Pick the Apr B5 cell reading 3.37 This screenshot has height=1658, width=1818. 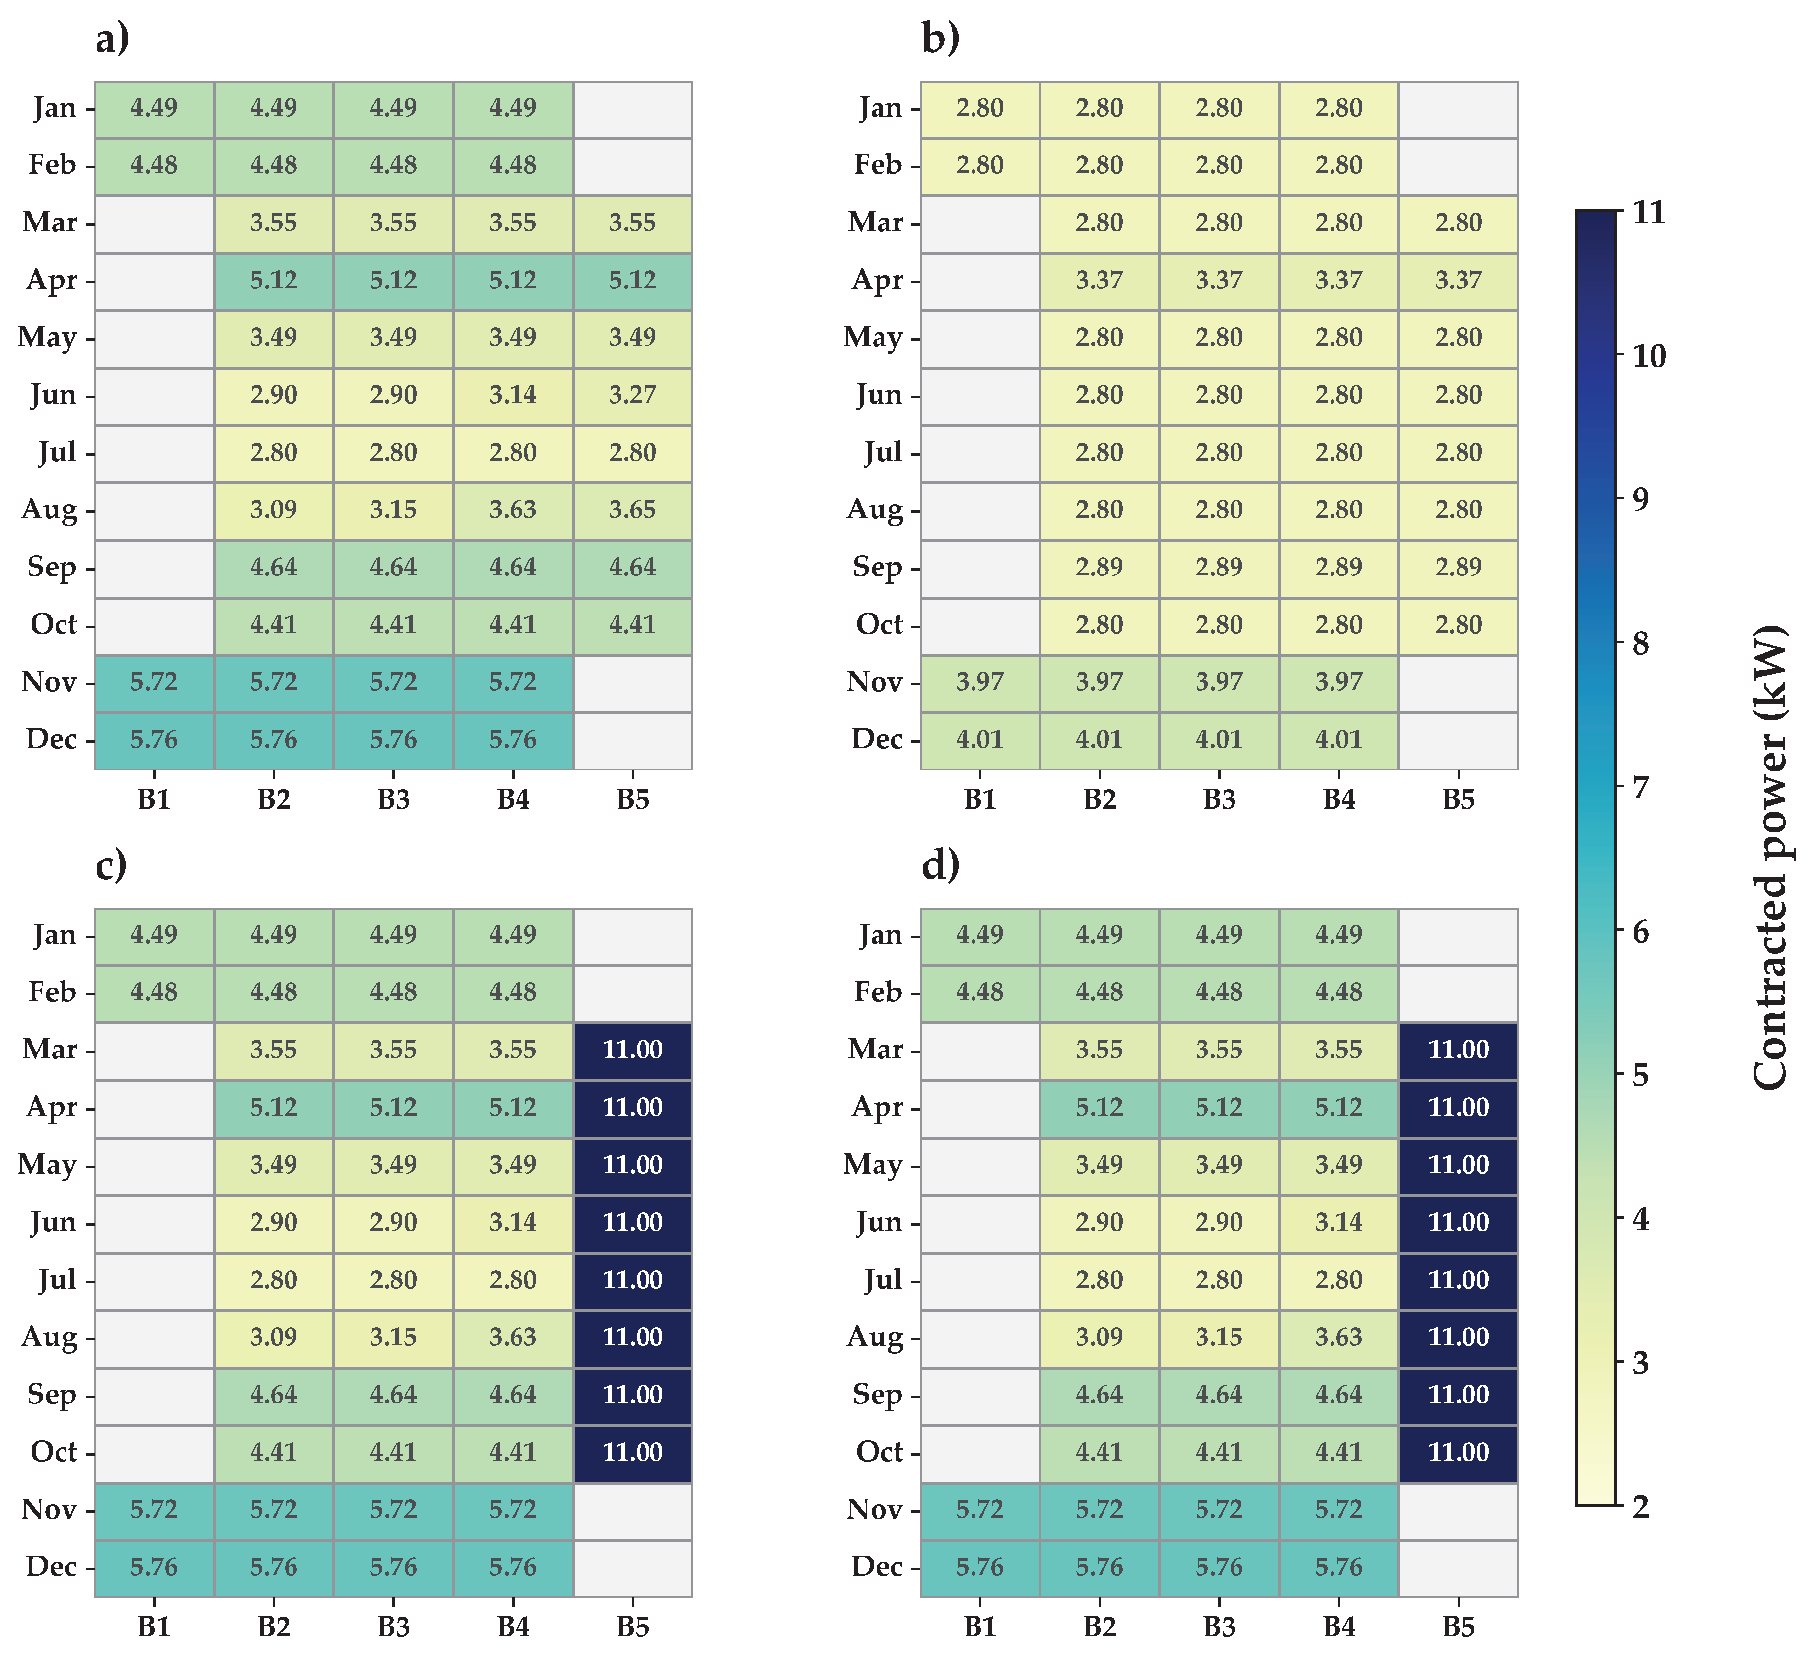pyautogui.click(x=1458, y=281)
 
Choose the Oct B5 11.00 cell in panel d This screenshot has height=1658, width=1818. pyautogui.click(x=1458, y=1452)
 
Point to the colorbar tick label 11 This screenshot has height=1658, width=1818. pyautogui.click(x=1650, y=213)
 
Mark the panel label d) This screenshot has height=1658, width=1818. pyautogui.click(x=940, y=865)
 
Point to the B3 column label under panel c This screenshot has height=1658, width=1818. pyautogui.click(x=394, y=1626)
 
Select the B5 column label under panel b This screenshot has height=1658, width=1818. pyautogui.click(x=1458, y=799)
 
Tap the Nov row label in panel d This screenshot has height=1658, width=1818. pyautogui.click(x=875, y=1509)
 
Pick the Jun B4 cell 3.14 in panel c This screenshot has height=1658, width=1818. pyautogui.click(x=513, y=1222)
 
